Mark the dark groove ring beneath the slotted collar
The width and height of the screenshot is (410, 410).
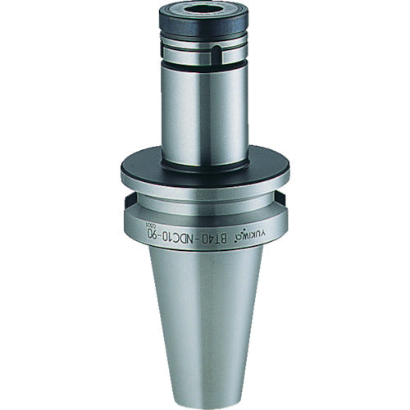pyautogui.click(x=203, y=67)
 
